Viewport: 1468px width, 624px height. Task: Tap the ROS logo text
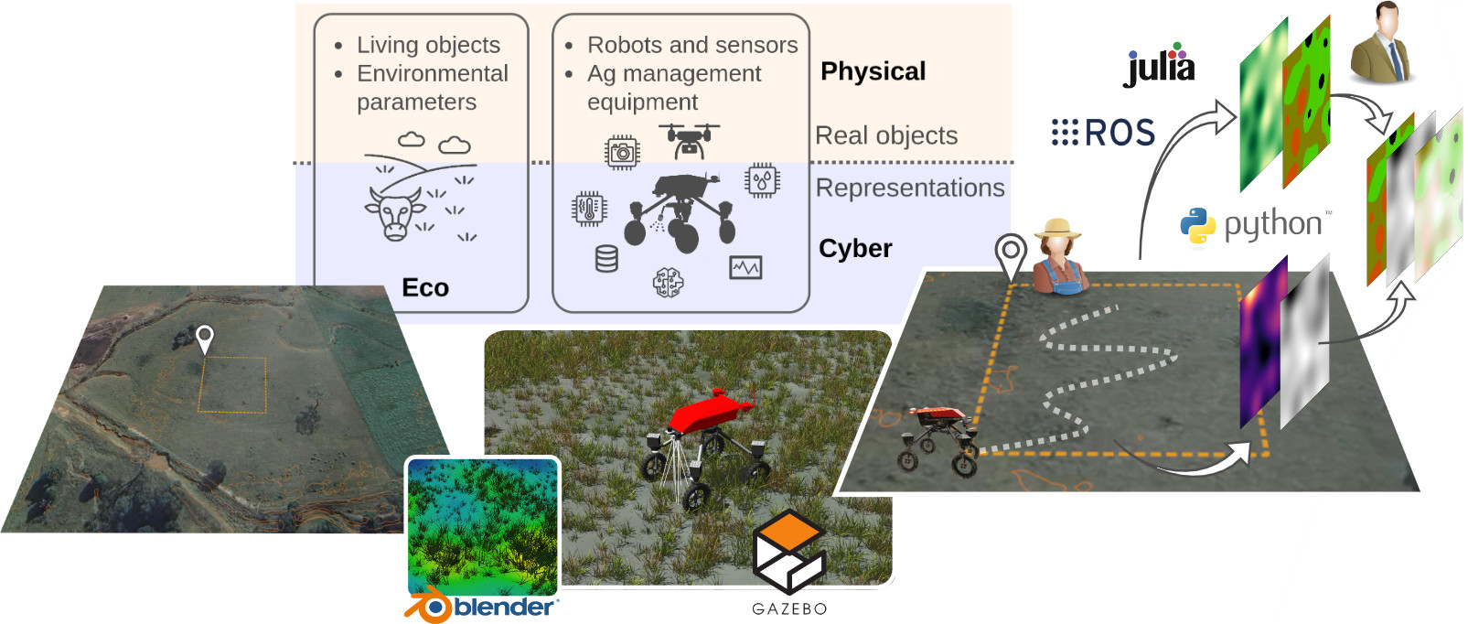[1105, 134]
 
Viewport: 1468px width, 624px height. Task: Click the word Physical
[873, 71]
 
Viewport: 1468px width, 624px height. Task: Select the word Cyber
[855, 248]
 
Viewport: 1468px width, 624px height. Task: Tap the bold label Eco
[425, 287]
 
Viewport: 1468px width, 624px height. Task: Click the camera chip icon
[622, 152]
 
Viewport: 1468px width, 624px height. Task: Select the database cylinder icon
[606, 259]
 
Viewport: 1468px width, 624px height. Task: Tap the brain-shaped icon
[668, 283]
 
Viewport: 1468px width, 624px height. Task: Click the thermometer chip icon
[588, 209]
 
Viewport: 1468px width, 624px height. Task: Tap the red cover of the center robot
[710, 410]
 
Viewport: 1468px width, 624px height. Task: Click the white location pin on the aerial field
[205, 339]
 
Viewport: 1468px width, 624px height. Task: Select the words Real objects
[885, 135]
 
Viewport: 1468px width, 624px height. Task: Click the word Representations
[909, 188]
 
